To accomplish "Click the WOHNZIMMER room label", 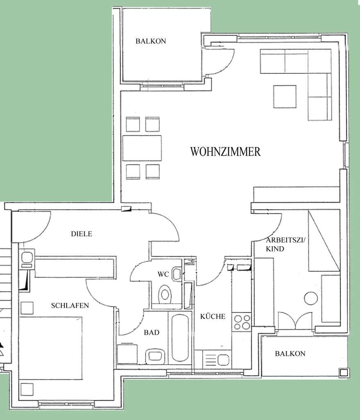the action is [x=225, y=152].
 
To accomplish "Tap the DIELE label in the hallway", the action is [x=82, y=234].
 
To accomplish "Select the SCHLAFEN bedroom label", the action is [x=70, y=306].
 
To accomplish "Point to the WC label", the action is [x=163, y=274].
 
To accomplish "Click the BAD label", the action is [x=152, y=333].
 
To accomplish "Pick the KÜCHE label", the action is [x=213, y=316].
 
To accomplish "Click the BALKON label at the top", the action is [x=150, y=41].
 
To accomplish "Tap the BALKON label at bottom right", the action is [x=290, y=354].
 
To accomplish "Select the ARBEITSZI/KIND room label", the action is [x=285, y=244].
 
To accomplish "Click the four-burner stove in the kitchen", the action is [x=242, y=322].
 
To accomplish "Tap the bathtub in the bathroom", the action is [x=180, y=338].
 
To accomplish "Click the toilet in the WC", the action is [x=165, y=294].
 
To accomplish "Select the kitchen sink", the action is [x=223, y=360].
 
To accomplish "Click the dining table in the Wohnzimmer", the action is [x=142, y=148].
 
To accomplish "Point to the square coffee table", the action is [x=285, y=97].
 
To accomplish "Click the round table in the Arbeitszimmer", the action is [x=311, y=298].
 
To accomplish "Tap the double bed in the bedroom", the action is [x=50, y=348].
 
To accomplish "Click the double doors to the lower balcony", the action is [x=295, y=321].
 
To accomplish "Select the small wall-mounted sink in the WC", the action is [x=177, y=274].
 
